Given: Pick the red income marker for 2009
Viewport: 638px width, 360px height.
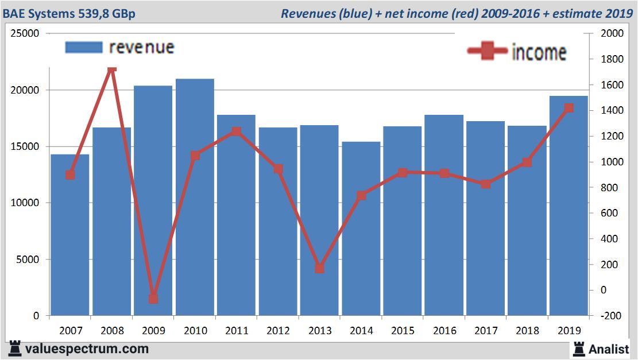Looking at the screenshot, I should tap(153, 299).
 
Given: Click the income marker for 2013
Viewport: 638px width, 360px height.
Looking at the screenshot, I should tap(320, 268).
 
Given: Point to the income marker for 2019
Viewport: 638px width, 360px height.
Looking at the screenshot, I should tap(569, 108).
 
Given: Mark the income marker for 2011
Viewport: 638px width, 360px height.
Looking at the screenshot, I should tap(237, 131).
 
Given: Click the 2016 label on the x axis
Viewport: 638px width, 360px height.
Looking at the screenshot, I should tap(444, 331).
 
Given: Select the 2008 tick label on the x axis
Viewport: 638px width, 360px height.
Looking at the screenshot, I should tap(112, 331).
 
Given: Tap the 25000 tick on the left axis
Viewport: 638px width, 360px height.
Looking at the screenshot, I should tap(26, 34).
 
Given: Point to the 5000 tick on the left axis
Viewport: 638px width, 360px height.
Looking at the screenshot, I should tap(28, 260).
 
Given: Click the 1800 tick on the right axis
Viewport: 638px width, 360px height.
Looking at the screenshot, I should tap(610, 59).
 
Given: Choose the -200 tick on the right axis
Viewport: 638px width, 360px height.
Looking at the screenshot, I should tap(610, 316).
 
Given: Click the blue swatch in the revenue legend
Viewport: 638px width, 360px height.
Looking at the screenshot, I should tap(84, 47).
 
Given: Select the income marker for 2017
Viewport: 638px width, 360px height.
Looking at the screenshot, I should tap(486, 184).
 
